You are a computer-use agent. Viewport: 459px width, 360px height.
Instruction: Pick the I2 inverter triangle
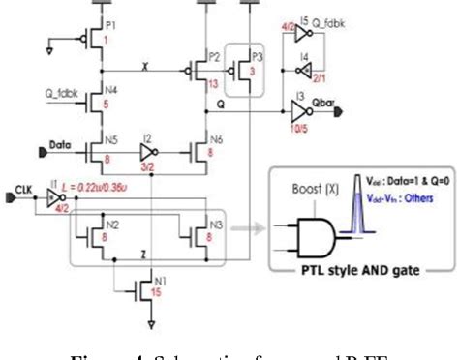tap(145, 152)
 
